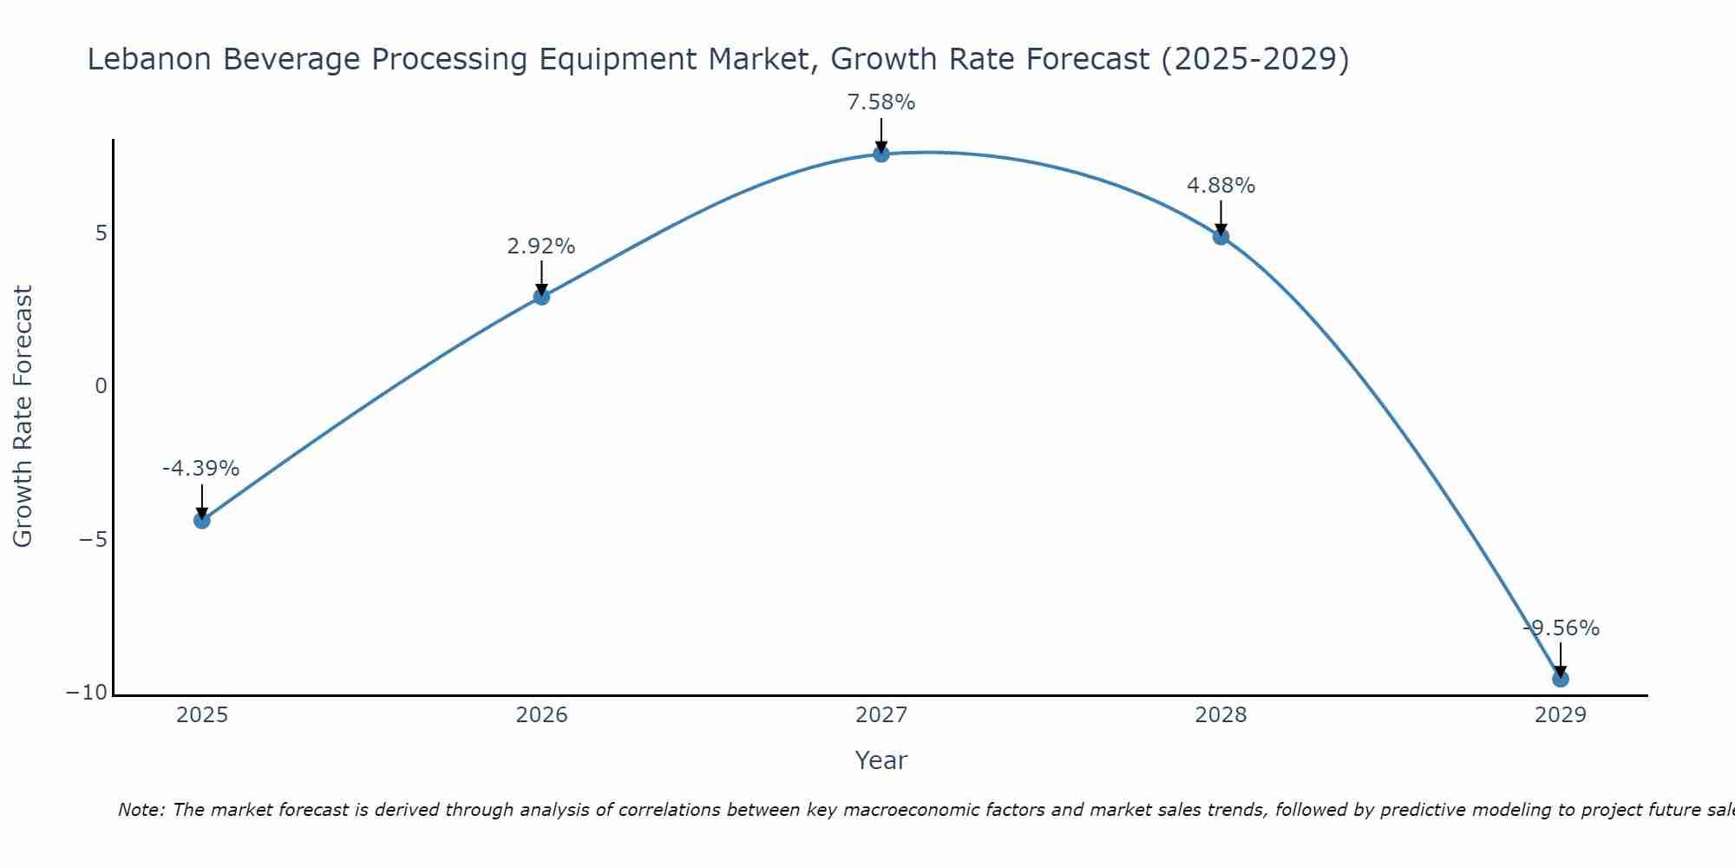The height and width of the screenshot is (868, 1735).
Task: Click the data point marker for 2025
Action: pos(202,521)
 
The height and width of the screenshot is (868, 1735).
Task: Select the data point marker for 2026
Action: pos(541,297)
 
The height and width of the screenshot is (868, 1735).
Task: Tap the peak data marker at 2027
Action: pos(881,155)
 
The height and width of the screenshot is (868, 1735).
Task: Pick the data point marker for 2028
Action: pos(1221,237)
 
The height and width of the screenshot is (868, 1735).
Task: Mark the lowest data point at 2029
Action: pos(1561,679)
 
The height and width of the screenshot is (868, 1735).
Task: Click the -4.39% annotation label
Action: pos(200,469)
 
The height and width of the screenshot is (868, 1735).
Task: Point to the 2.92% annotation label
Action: pos(541,247)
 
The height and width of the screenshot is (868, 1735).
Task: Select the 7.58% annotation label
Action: pos(881,102)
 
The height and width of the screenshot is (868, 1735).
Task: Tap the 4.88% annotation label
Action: pos(1221,186)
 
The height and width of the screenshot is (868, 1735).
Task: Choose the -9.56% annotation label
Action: pos(1561,628)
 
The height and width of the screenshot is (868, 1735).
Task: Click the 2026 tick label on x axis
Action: pos(541,715)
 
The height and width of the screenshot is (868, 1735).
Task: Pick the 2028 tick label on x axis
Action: pos(1221,715)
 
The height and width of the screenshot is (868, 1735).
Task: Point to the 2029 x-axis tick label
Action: pos(1561,715)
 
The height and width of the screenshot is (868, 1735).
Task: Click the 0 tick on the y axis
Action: pos(101,386)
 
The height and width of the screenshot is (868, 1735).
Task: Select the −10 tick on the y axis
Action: pos(86,693)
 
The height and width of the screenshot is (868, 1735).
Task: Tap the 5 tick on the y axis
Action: pos(101,233)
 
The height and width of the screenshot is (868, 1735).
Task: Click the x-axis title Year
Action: pos(881,760)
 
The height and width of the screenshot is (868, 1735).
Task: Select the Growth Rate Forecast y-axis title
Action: pos(23,416)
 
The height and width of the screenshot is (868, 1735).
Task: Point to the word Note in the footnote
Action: pos(140,810)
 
